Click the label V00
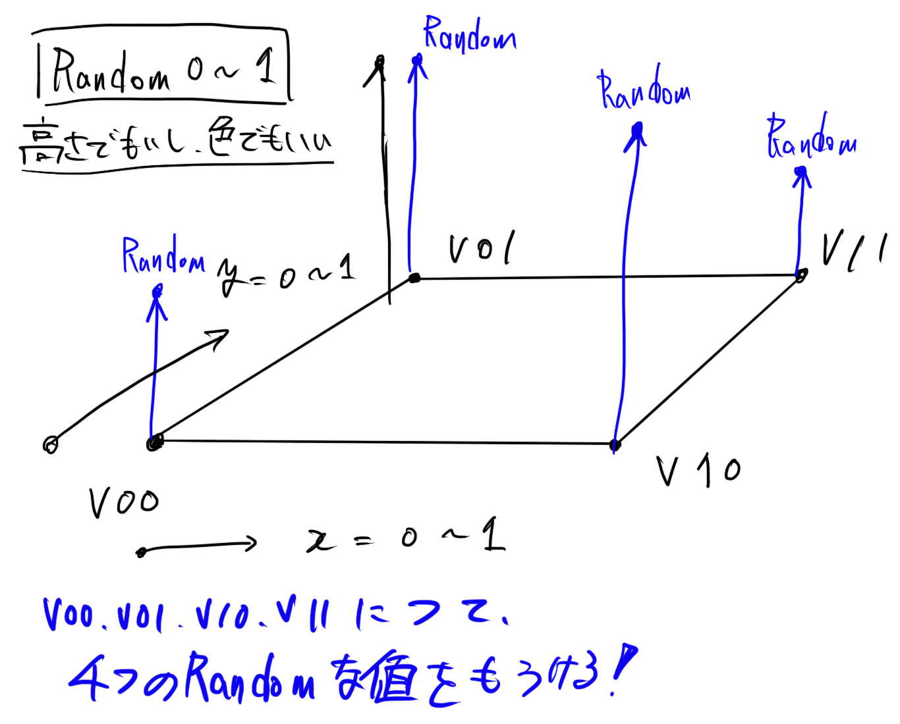[124, 504]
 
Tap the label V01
[482, 248]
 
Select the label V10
[698, 470]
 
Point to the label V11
[854, 251]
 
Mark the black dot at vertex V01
[414, 278]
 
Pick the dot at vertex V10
[615, 445]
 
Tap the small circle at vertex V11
[801, 275]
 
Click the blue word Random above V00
[163, 256]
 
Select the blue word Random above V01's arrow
[469, 35]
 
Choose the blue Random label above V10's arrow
[644, 90]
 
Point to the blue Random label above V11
[811, 139]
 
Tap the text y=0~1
[286, 273]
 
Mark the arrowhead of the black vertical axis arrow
[378, 66]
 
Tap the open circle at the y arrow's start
[51, 445]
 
